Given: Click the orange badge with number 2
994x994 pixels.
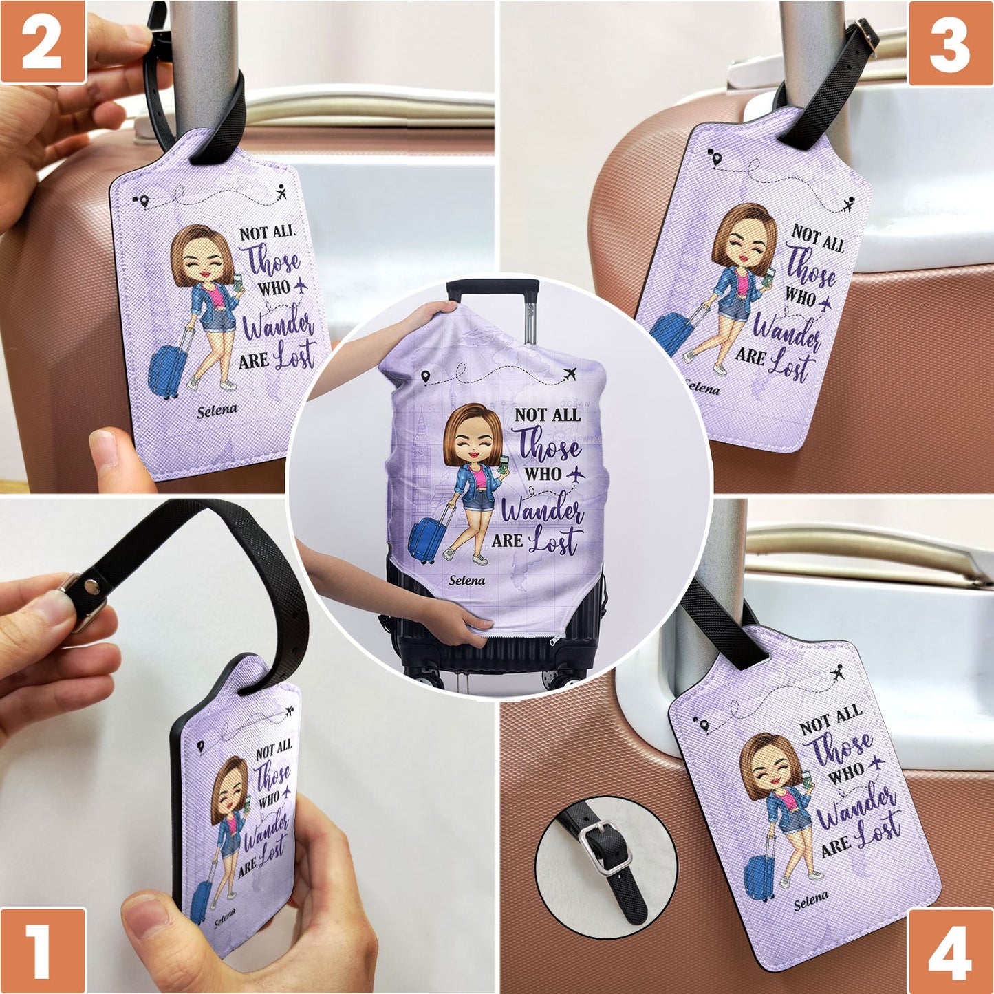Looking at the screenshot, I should click(x=43, y=42).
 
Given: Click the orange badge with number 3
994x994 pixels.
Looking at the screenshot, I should click(x=951, y=43).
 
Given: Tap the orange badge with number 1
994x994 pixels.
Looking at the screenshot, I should click(x=43, y=951).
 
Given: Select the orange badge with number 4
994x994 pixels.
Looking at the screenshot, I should click(x=951, y=951).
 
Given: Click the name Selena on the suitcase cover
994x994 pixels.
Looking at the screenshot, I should click(x=466, y=581).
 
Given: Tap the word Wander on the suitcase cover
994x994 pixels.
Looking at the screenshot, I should click(x=543, y=510).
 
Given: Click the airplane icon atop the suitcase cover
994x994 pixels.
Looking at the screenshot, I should click(x=570, y=374).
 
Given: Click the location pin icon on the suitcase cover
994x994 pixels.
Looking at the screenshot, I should click(x=426, y=377).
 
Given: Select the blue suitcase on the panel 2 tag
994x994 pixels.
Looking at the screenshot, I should click(x=166, y=371).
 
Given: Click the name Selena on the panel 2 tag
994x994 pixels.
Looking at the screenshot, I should click(x=217, y=411).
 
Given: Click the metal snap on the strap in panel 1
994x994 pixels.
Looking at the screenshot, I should click(x=88, y=585).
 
